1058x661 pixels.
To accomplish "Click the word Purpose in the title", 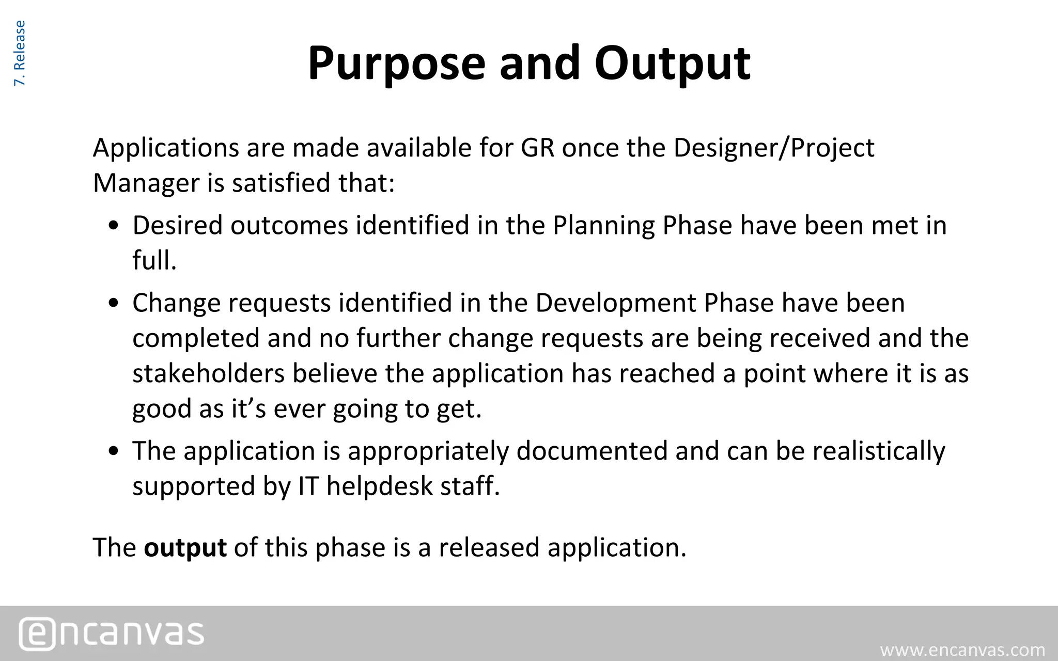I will click(396, 64).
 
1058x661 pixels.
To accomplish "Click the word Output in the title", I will click(672, 64).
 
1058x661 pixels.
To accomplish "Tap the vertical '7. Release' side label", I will click(19, 53).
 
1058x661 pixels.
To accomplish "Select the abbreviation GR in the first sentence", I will click(537, 148).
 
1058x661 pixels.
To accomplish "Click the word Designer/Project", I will click(773, 148).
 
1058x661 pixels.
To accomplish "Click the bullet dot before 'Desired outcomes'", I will click(115, 227).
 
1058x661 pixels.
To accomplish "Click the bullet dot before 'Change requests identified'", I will click(115, 304).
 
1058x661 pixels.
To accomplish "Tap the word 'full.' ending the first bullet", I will click(154, 260).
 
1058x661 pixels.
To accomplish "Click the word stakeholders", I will click(208, 373).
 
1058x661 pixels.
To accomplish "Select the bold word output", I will click(185, 548).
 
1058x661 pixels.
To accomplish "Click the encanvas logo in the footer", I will click(112, 633).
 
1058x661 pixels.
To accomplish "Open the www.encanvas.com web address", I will click(962, 650).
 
